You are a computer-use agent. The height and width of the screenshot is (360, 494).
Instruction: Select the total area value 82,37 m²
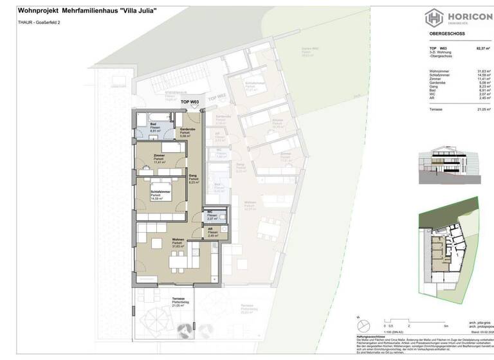(482, 48)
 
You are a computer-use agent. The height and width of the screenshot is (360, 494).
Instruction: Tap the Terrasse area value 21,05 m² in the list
(482, 110)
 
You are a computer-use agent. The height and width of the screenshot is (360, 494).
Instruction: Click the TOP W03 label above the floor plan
(190, 102)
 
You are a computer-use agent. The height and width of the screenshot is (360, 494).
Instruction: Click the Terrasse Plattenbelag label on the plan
(178, 302)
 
